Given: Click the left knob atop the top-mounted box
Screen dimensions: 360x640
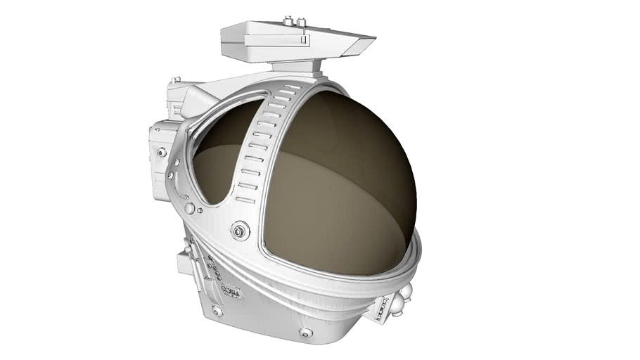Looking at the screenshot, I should tap(288, 20).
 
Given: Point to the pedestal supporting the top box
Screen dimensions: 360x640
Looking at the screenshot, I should tap(295, 67).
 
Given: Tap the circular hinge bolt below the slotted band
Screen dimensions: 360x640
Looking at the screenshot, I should tap(241, 230).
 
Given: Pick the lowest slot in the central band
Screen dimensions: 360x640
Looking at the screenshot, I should tap(245, 200).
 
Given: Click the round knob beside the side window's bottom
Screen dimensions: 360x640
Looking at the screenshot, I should tap(189, 208).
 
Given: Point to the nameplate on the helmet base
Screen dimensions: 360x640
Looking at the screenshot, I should tap(231, 291).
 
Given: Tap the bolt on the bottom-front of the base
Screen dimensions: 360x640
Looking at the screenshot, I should tap(305, 332).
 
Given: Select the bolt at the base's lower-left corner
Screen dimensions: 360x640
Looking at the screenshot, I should tap(217, 309).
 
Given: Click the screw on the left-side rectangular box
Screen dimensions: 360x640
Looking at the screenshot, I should tap(162, 152).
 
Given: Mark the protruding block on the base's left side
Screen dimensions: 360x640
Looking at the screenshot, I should tap(185, 263).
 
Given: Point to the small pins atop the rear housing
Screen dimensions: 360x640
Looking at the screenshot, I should tap(177, 80).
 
